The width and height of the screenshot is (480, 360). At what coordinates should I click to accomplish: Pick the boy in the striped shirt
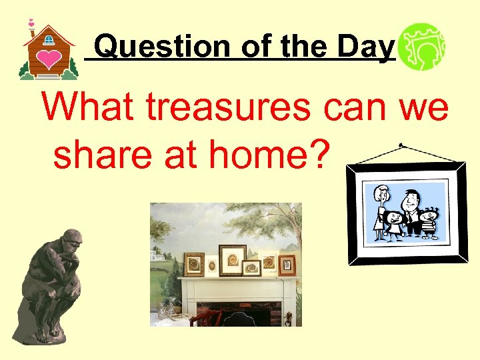(428, 223)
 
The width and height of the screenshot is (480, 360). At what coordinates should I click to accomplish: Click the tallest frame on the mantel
(232, 260)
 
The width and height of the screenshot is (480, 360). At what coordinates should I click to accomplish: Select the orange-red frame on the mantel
(287, 265)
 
